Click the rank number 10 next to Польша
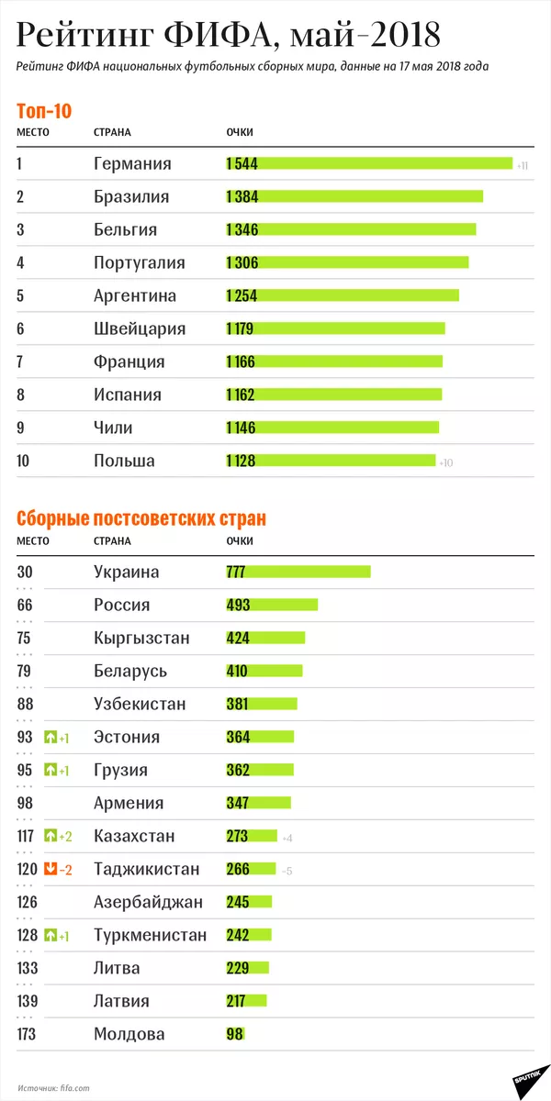click(x=25, y=461)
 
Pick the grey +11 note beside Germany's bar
click(x=522, y=166)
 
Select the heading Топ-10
click(x=44, y=110)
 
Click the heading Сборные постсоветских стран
click(x=141, y=518)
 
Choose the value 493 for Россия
click(x=238, y=605)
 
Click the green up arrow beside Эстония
click(x=51, y=738)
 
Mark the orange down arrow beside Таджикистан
click(x=51, y=870)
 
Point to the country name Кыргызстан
click(x=141, y=638)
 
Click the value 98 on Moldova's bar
click(x=234, y=1034)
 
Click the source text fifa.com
click(x=76, y=1087)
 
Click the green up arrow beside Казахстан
click(x=51, y=837)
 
